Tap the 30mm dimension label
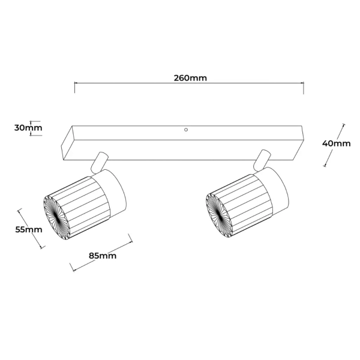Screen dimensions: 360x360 click(28, 128)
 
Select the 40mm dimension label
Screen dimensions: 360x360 click(336, 143)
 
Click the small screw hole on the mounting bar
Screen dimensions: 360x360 click(187, 130)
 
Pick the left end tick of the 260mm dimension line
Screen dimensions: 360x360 click(75, 88)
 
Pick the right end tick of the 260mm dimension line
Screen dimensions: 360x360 click(304, 88)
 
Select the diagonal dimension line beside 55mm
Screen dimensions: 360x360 click(31, 229)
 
